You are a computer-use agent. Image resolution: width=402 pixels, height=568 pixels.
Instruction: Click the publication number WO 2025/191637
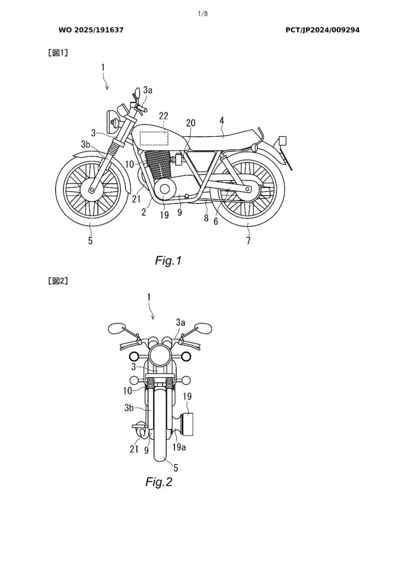(x=91, y=30)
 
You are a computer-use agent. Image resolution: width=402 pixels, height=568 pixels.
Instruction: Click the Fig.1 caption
(x=168, y=261)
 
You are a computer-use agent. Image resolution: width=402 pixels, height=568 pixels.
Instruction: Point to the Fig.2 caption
(x=159, y=482)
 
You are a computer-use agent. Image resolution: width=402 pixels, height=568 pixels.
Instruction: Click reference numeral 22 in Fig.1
(x=163, y=115)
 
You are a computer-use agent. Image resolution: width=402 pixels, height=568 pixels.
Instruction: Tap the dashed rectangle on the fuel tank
(x=155, y=137)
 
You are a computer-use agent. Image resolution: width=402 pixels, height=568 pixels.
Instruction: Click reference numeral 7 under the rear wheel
(x=248, y=241)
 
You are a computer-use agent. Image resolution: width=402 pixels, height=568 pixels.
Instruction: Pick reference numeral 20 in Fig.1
(x=191, y=124)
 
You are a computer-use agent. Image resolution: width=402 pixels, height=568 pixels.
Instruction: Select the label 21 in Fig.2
(x=133, y=449)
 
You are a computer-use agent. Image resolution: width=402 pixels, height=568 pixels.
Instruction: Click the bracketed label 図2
(x=59, y=281)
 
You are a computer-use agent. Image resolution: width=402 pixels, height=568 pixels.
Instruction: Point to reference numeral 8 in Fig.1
(x=205, y=218)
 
